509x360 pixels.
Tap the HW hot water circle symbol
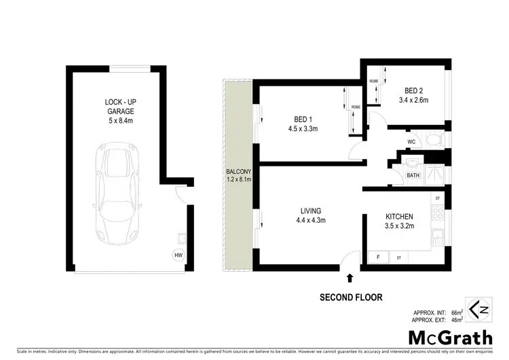tap(178, 255)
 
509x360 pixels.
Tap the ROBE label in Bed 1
tap(356, 107)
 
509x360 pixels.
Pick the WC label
tap(411, 142)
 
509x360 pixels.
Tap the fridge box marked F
tap(377, 257)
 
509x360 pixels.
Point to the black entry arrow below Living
tap(350, 277)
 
